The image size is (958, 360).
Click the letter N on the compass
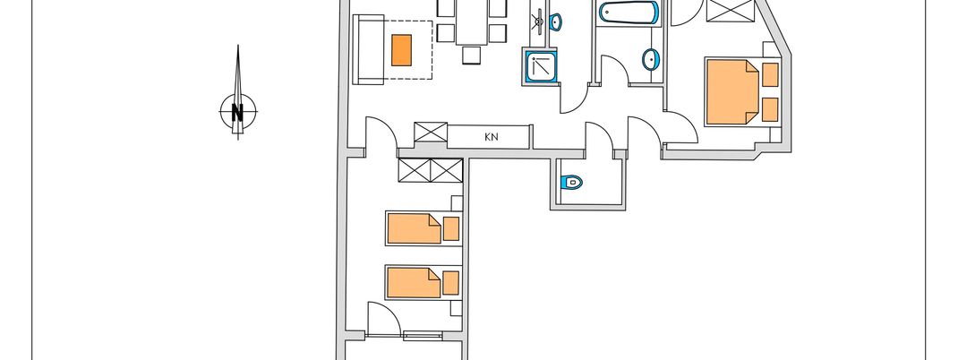(x=238, y=113)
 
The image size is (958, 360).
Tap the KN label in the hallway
(x=491, y=137)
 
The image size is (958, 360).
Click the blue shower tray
(x=540, y=66)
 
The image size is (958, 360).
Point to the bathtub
(x=629, y=12)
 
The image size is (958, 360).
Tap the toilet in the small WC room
(x=572, y=183)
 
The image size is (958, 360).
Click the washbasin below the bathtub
(x=651, y=60)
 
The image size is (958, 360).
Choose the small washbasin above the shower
(x=555, y=20)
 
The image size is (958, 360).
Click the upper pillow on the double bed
(x=769, y=74)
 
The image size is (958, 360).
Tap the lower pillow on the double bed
(x=769, y=107)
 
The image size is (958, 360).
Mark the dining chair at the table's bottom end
(x=472, y=56)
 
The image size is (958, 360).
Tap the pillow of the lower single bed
(x=451, y=282)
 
